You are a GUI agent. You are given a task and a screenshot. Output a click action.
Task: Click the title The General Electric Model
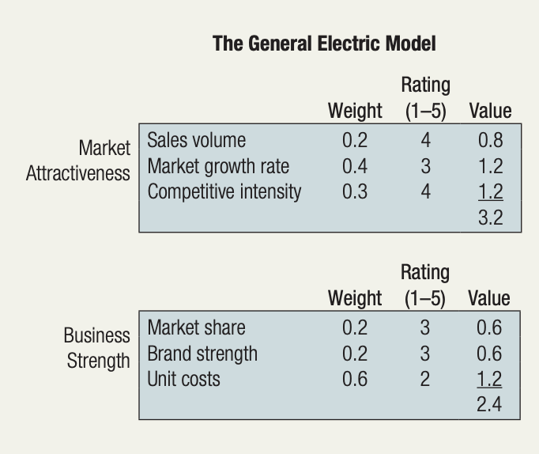324,44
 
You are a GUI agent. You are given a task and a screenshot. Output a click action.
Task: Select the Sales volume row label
196,141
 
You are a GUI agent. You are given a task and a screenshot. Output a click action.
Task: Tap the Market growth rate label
218,166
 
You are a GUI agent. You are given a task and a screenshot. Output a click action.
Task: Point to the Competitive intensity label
224,191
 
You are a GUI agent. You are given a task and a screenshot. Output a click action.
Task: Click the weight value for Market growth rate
355,166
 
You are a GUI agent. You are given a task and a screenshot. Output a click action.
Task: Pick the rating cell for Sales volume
425,141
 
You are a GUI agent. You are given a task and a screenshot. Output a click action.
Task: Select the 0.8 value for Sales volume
490,141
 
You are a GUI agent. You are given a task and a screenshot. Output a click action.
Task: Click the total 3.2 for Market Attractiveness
490,218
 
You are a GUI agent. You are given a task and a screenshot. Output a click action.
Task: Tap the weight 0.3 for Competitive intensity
355,191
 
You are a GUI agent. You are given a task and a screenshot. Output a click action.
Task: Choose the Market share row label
196,327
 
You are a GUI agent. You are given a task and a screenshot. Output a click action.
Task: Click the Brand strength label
202,354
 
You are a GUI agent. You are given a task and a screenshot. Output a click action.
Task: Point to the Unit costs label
183,379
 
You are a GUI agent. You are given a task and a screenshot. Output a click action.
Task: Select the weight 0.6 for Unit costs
355,379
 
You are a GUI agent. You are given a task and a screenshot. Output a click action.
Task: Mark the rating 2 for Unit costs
425,379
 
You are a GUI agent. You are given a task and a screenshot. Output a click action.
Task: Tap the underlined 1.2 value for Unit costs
489,380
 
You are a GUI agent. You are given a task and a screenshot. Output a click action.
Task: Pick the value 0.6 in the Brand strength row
489,354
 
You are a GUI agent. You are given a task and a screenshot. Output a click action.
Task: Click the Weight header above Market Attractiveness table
355,111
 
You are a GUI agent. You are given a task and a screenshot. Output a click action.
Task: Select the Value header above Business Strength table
489,298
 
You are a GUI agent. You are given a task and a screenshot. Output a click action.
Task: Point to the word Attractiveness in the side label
77,173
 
